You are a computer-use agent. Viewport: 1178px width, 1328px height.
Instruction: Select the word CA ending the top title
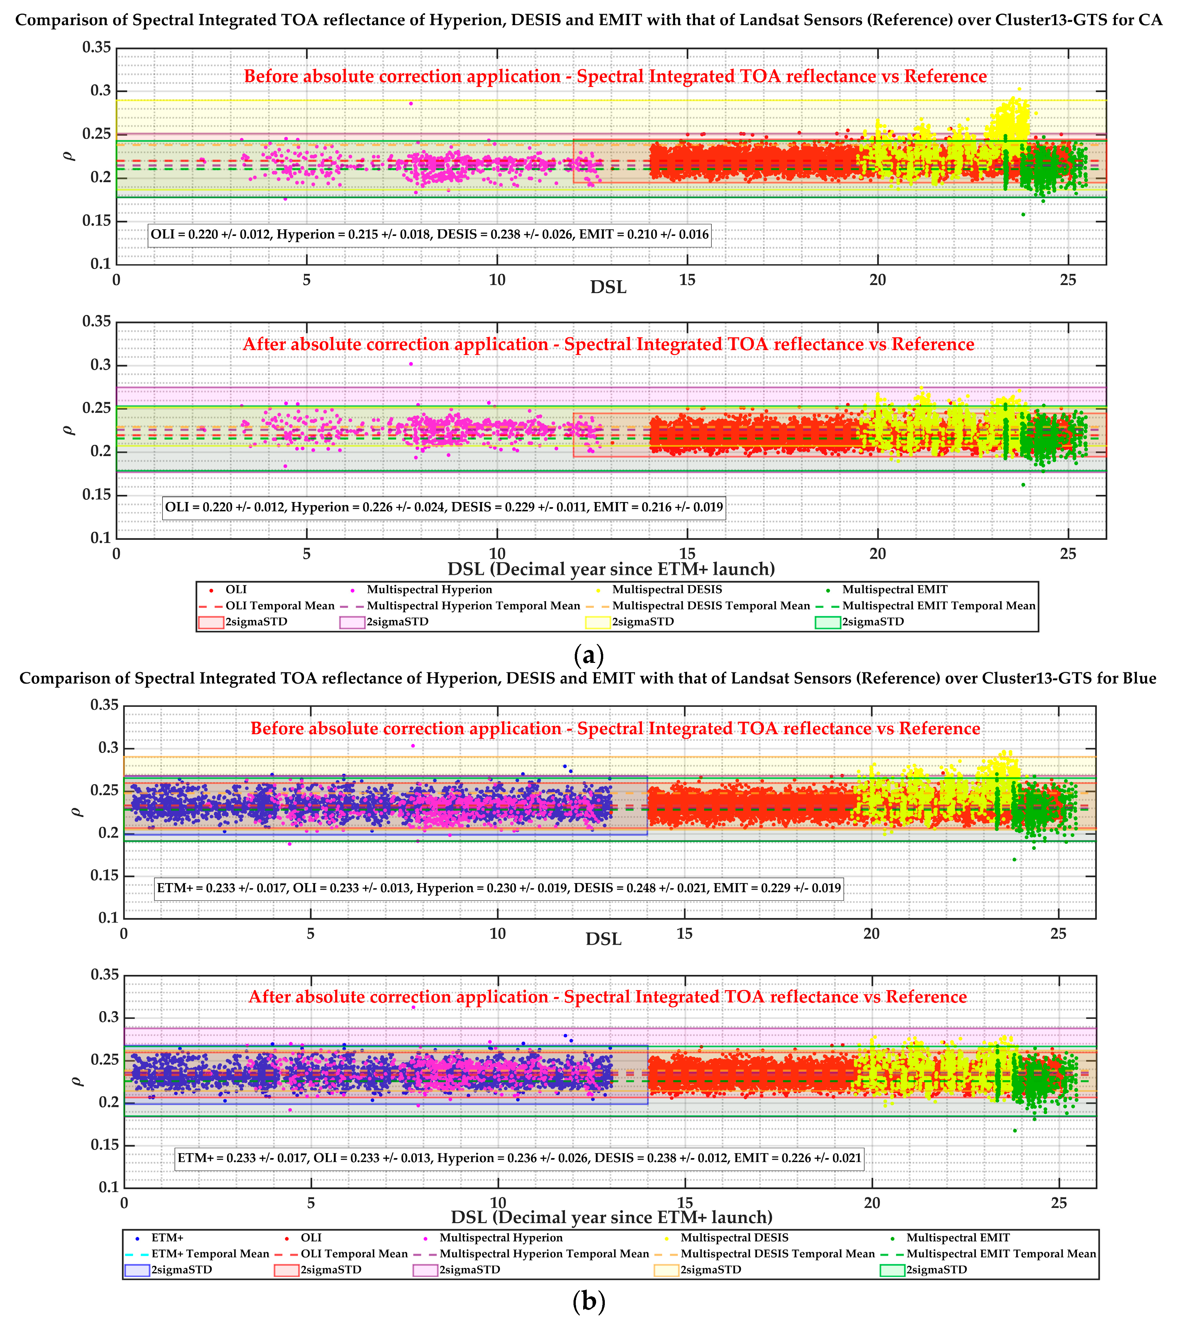click(1150, 20)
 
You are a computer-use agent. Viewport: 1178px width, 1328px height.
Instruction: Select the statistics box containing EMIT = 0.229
click(499, 888)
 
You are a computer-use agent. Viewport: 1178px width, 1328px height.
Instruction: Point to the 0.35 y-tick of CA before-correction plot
click(96, 47)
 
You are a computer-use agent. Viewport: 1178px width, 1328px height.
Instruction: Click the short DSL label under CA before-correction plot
click(608, 287)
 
